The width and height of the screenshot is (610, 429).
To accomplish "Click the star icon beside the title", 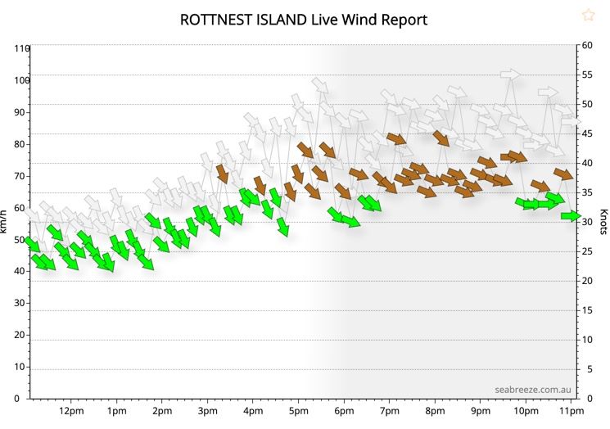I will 588,15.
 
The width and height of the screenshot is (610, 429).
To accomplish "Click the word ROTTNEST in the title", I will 216,19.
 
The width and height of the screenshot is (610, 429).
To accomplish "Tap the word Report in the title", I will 405,19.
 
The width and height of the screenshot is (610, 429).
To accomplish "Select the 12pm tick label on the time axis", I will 71,410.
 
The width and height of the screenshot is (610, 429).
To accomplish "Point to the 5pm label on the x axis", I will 298,410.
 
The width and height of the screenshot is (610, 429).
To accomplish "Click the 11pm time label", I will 571,410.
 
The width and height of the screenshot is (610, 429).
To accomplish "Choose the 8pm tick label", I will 435,410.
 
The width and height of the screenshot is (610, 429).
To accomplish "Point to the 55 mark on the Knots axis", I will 587,75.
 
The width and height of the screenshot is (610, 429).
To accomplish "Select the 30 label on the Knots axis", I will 587,222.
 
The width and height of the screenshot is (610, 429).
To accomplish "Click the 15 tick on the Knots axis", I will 587,310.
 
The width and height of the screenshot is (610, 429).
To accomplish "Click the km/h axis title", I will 6,222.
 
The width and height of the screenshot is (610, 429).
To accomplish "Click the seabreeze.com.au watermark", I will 532,390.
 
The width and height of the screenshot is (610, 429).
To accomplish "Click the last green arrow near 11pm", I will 570,215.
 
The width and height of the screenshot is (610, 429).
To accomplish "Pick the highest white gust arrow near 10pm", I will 510,75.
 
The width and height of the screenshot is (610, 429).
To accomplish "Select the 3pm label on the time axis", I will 207,410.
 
